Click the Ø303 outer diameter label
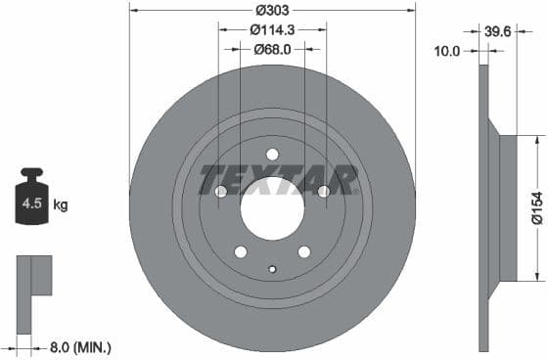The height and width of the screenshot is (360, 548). pos(272,10)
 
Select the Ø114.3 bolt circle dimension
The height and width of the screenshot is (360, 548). pos(272,29)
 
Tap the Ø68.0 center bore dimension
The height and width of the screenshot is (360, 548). pos(272,48)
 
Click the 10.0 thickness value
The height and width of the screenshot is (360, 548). pos(447,50)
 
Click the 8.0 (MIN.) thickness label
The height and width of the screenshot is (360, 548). pos(81,346)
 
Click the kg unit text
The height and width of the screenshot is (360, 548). pos(62,205)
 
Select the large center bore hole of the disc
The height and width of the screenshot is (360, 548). pos(272,208)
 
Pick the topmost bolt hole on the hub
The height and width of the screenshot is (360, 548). pos(272,154)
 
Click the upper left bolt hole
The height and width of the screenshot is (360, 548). pos(220,191)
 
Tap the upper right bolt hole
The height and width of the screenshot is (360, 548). pos(324,191)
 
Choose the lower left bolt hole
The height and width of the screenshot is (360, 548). pos(241,252)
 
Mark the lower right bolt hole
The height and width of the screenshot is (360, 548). pos(304,252)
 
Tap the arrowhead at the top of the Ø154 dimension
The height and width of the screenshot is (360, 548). pos(536,140)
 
